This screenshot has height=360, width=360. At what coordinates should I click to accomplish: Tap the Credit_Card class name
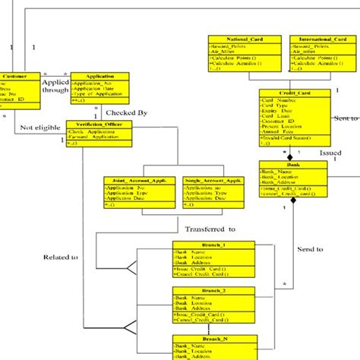pyautogui.click(x=294, y=93)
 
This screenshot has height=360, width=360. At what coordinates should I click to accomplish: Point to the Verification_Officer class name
pyautogui.click(x=94, y=124)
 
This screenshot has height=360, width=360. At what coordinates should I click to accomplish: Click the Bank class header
pyautogui.click(x=293, y=164)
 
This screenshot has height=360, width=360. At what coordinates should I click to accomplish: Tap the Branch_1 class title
pyautogui.click(x=207, y=245)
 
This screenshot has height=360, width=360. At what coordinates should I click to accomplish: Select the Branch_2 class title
pyautogui.click(x=207, y=290)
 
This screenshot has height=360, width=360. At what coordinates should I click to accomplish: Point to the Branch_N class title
pyautogui.click(x=207, y=339)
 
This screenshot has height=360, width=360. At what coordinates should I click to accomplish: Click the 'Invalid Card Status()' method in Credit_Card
pyautogui.click(x=288, y=138)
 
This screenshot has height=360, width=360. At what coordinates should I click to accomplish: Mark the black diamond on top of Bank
pyautogui.click(x=289, y=156)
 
